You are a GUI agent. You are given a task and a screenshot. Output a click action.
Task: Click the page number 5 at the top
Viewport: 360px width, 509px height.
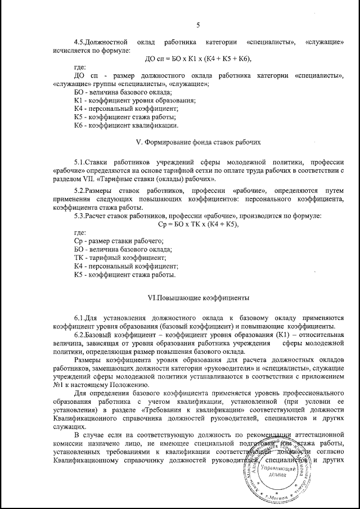199,24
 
